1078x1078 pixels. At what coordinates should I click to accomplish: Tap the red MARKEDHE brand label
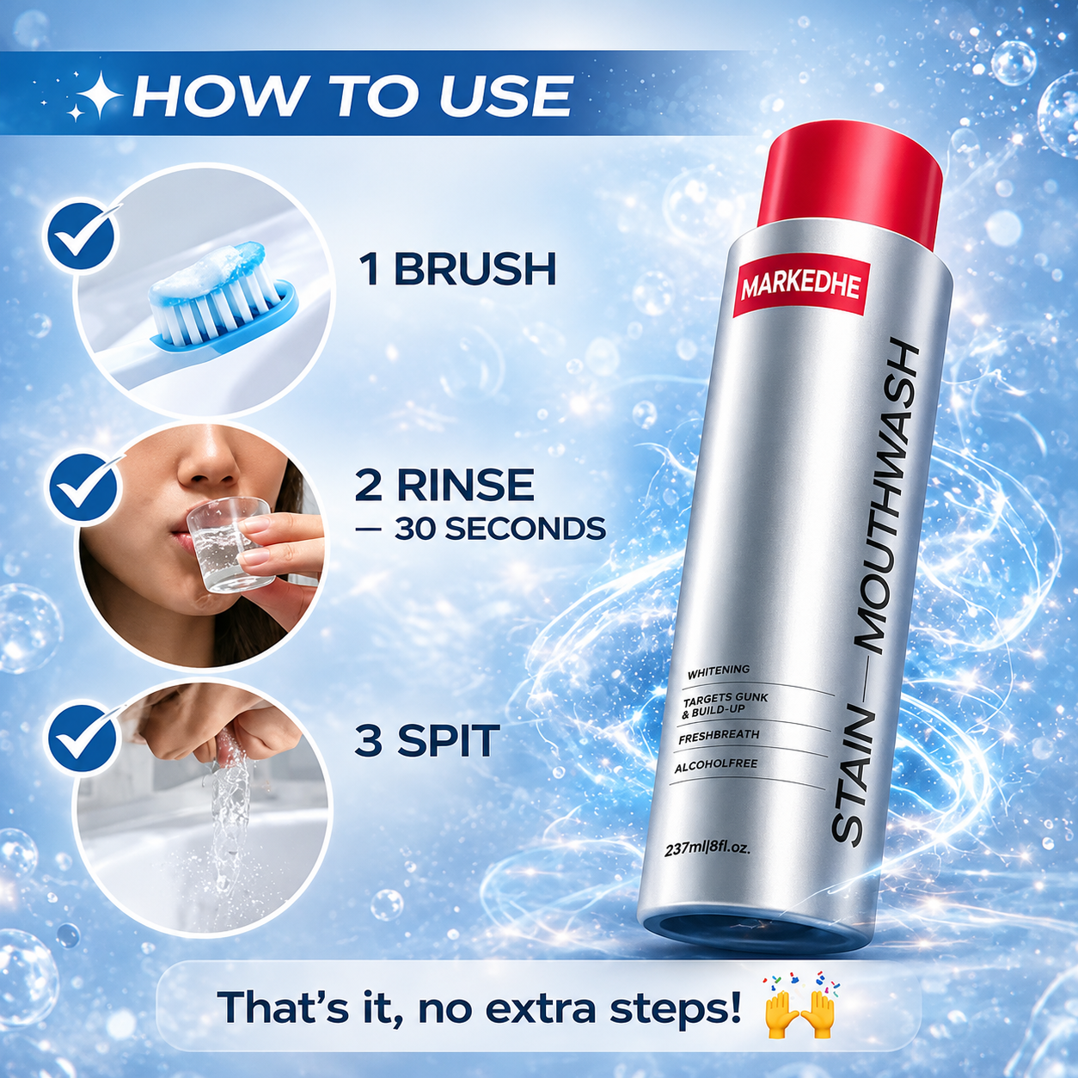click(x=800, y=289)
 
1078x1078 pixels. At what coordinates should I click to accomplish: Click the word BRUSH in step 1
click(x=475, y=270)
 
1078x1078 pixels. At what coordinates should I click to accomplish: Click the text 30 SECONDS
click(x=500, y=529)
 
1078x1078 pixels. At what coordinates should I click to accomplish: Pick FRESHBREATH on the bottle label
click(x=719, y=736)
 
